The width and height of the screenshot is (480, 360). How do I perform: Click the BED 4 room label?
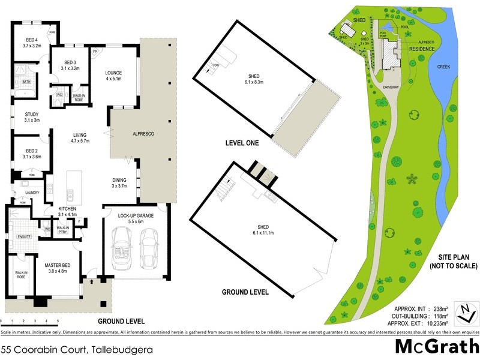(x=31, y=42)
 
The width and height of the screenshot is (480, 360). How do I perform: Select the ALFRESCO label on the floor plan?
(x=142, y=133)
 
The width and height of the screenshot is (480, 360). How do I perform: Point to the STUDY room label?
(x=31, y=117)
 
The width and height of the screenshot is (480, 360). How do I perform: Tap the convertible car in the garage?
(x=123, y=247)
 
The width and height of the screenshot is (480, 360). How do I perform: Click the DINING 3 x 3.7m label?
(x=121, y=183)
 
